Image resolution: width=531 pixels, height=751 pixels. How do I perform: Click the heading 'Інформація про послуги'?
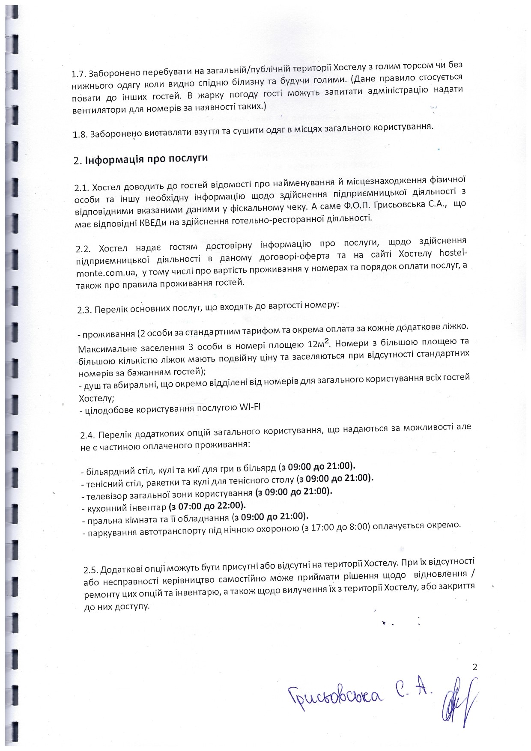pyautogui.click(x=146, y=159)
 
